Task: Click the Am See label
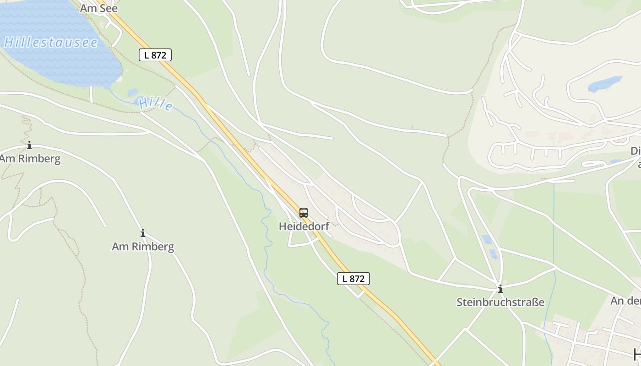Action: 99,8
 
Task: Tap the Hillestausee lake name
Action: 51,43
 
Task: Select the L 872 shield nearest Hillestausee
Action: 155,55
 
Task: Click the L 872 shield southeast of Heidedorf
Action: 353,278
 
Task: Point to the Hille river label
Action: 156,104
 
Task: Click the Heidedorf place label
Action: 304,226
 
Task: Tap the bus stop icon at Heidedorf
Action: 304,212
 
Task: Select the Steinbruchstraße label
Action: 500,302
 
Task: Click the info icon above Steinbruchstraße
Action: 500,289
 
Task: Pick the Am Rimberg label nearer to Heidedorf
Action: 143,247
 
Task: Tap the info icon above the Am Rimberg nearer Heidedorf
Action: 143,233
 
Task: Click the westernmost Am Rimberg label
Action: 30,159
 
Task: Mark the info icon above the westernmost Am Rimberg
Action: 29,145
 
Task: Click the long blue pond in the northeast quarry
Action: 604,84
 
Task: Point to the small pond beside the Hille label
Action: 133,92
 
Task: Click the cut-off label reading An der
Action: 625,301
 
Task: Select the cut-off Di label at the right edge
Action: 636,151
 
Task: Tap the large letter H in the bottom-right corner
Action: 636,354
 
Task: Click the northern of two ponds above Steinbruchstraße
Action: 487,239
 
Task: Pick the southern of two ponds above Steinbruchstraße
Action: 493,254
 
